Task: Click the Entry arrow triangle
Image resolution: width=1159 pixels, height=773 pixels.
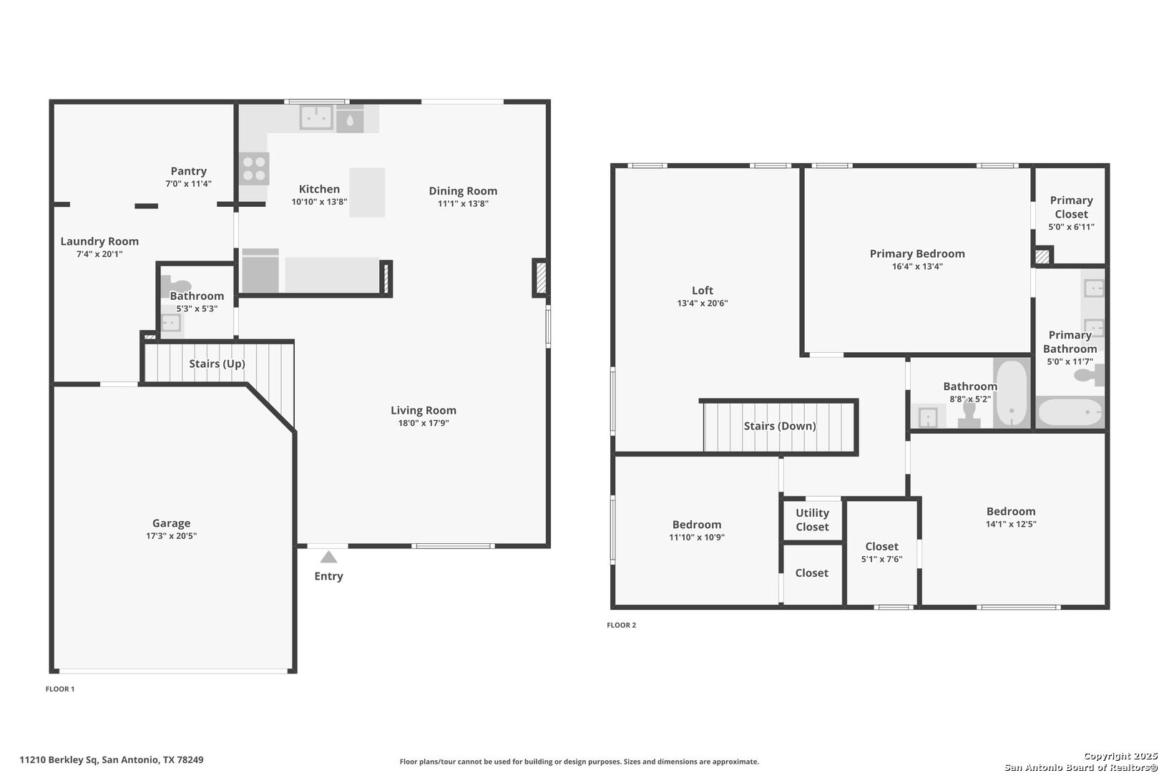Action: pos(328,557)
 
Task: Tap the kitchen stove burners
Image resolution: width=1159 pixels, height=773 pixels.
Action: pos(254,169)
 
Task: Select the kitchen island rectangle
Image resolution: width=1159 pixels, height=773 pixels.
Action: pos(367,192)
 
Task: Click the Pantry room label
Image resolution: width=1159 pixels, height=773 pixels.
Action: pos(189,171)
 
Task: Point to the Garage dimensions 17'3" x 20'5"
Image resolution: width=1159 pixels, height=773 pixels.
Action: pos(171,536)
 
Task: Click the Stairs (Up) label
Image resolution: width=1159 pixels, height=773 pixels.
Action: pos(217,364)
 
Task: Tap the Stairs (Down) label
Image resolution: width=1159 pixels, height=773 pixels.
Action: pos(780,426)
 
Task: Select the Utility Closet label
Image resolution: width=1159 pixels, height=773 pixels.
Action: pos(812,520)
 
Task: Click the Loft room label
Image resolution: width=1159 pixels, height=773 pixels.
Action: pos(703,291)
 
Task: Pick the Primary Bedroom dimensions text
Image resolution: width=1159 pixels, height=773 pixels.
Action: pos(917,267)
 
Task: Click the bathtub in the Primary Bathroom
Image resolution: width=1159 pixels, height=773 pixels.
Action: pos(1071,412)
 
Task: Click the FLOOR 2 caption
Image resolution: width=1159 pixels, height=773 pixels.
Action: pos(622,625)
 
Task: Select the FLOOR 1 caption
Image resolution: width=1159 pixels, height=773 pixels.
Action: pos(60,689)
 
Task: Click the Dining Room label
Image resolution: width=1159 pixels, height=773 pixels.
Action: pos(463,191)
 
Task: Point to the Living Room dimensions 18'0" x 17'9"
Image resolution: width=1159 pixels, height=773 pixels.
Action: pos(424,423)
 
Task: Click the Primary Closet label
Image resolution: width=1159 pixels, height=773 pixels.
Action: pos(1072,207)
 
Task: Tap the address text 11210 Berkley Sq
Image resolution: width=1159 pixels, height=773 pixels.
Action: pos(59,760)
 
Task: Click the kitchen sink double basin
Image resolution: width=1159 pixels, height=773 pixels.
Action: pos(316,117)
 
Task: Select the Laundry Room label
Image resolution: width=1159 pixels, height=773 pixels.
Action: pos(99,241)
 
